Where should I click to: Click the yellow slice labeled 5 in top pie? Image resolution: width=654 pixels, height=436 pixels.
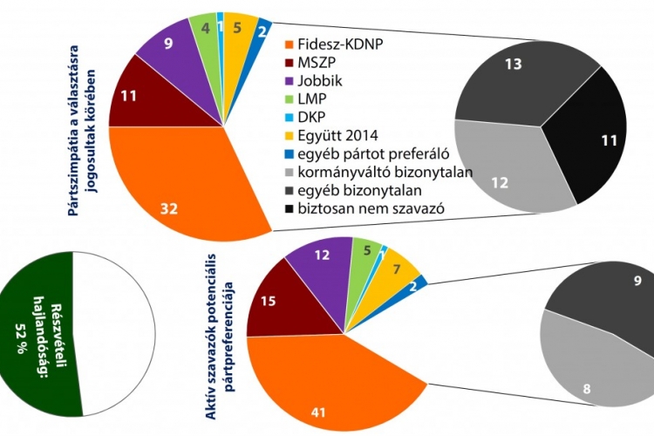click(239, 29)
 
